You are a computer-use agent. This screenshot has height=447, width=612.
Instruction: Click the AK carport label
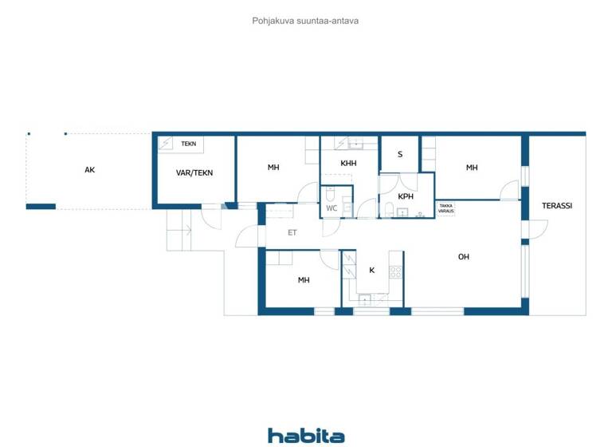pyautogui.click(x=90, y=170)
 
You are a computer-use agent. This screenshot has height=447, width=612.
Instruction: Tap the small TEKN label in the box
pyautogui.click(x=188, y=144)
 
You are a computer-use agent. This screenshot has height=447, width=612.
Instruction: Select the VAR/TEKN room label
pyautogui.click(x=194, y=172)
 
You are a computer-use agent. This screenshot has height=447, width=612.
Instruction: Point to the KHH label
pyautogui.click(x=348, y=164)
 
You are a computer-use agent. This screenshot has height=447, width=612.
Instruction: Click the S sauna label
pyautogui.click(x=400, y=155)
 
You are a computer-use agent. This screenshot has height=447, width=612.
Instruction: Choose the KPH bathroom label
pyautogui.click(x=406, y=196)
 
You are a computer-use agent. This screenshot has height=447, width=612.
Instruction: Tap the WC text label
pyautogui.click(x=332, y=208)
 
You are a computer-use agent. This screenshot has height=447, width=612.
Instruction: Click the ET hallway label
pyautogui.click(x=292, y=233)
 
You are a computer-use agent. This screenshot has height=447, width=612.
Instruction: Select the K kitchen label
pyautogui.click(x=371, y=271)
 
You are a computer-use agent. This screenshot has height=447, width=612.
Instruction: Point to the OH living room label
pyautogui.click(x=464, y=257)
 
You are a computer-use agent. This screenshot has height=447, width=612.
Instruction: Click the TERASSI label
pyautogui.click(x=557, y=206)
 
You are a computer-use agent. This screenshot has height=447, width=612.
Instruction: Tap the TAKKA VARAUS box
pyautogui.click(x=446, y=208)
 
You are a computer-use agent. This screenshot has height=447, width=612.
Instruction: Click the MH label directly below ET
pyautogui.click(x=304, y=280)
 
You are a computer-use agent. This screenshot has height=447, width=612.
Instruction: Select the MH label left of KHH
pyautogui.click(x=273, y=168)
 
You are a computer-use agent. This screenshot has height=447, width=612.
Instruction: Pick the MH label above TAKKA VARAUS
pyautogui.click(x=472, y=168)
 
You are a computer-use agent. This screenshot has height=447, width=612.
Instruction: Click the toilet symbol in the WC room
pyautogui.click(x=329, y=194)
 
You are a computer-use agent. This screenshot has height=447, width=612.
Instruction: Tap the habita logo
pyautogui.click(x=306, y=436)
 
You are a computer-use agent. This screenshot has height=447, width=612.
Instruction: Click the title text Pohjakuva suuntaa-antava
pyautogui.click(x=305, y=21)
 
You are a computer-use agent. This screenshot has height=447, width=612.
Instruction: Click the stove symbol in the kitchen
pyautogui.click(x=394, y=271)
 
